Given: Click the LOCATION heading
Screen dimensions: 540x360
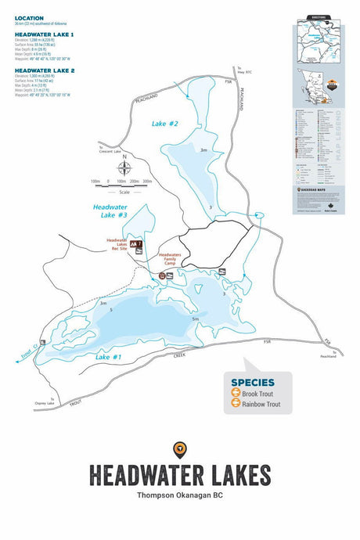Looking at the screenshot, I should (x=29, y=17).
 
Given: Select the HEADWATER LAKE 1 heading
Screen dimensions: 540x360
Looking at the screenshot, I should (x=45, y=35).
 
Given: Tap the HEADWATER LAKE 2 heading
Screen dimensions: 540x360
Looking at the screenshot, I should (x=45, y=70).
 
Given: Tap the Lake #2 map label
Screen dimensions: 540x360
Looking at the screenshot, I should (x=165, y=124).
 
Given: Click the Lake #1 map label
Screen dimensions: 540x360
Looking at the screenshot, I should (x=108, y=356).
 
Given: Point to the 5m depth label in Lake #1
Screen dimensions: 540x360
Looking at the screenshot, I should (x=194, y=319).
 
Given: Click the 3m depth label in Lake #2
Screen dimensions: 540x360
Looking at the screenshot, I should (x=203, y=150).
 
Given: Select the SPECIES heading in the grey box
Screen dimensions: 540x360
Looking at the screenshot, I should (x=252, y=383).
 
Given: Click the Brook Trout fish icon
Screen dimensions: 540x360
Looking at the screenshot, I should (x=236, y=394).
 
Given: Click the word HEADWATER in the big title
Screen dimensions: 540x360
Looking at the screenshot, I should (x=141, y=475).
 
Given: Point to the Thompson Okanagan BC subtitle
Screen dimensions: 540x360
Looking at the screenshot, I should (x=179, y=495).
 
